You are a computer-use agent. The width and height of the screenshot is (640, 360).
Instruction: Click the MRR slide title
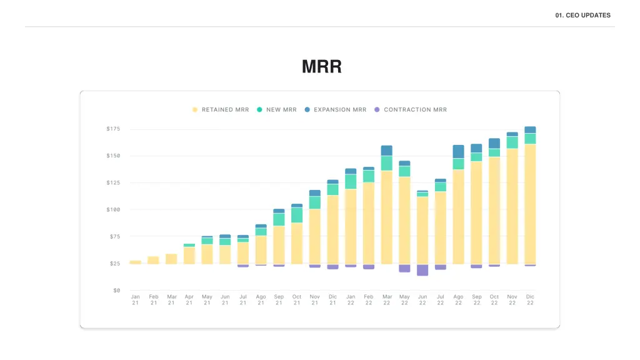click(x=321, y=67)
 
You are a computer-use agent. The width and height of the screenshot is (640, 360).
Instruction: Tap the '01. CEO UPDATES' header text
click(x=582, y=15)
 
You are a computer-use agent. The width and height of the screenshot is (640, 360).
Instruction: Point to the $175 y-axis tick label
click(x=113, y=129)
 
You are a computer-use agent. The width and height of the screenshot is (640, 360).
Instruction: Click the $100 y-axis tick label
click(x=113, y=209)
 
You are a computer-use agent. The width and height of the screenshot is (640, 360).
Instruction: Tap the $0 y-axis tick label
click(x=116, y=290)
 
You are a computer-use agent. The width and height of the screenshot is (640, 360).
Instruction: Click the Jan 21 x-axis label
click(x=136, y=299)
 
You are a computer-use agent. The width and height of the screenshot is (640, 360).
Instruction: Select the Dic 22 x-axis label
click(x=530, y=299)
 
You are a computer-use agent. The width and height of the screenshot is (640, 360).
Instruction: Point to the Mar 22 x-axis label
click(x=386, y=299)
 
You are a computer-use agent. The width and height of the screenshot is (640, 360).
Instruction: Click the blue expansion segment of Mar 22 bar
click(x=386, y=151)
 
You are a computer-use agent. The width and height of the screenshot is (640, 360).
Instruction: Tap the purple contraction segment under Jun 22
click(x=422, y=270)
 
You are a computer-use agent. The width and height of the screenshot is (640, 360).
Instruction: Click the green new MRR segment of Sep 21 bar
click(x=279, y=219)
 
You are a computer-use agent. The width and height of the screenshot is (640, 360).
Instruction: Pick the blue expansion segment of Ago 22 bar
click(x=459, y=151)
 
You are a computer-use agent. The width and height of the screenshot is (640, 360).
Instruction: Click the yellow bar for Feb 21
click(x=154, y=260)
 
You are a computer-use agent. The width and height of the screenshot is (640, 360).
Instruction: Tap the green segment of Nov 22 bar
click(x=512, y=142)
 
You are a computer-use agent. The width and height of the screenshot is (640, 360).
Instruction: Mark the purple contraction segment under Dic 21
click(x=332, y=267)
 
